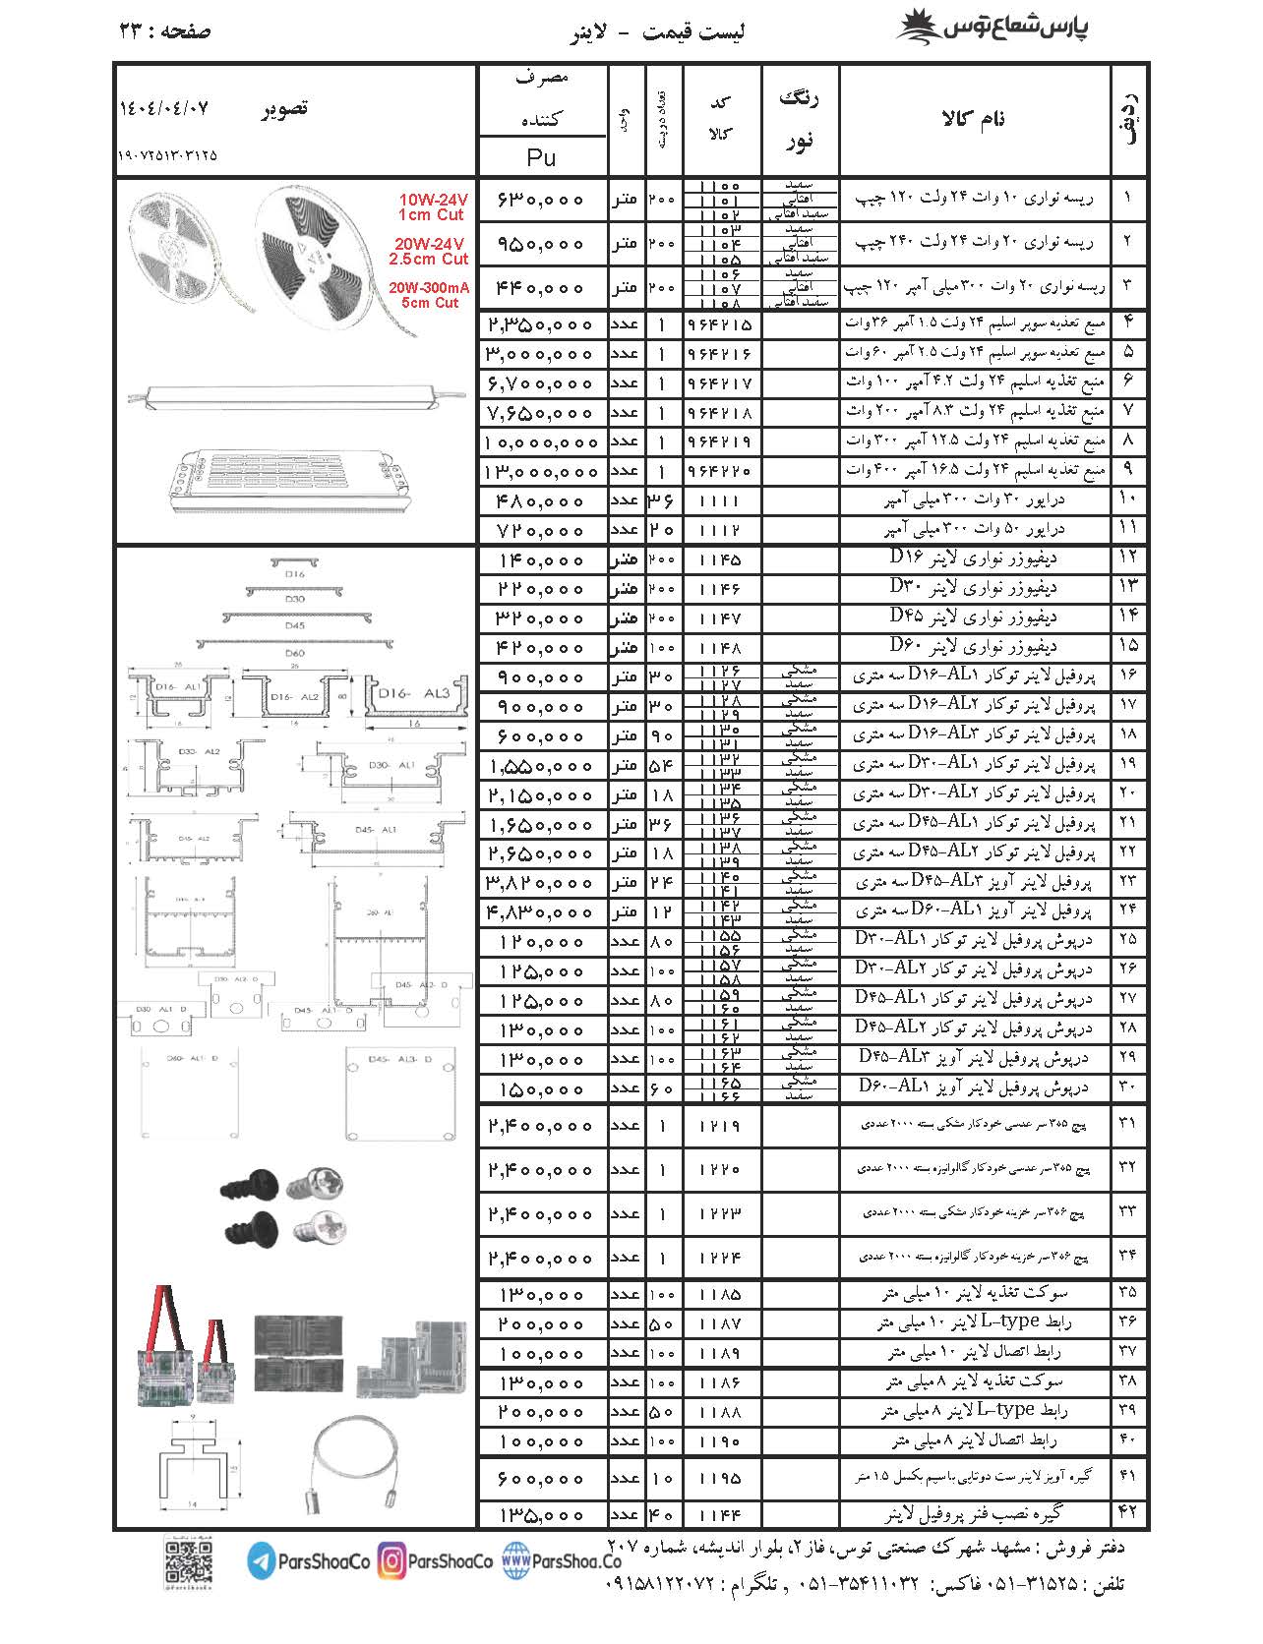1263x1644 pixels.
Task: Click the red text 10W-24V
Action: (x=433, y=200)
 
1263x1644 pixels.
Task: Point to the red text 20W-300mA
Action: (x=429, y=288)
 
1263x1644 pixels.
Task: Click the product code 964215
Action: (x=722, y=323)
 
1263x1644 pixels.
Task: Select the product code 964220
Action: (x=722, y=471)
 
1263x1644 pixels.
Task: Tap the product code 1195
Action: (x=722, y=1479)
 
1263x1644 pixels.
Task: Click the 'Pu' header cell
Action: (x=541, y=157)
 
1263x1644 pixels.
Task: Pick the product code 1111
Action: (x=722, y=500)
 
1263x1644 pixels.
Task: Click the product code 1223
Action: (x=722, y=1214)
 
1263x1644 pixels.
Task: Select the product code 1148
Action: (x=722, y=648)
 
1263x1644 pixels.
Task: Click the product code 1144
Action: (x=722, y=1514)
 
